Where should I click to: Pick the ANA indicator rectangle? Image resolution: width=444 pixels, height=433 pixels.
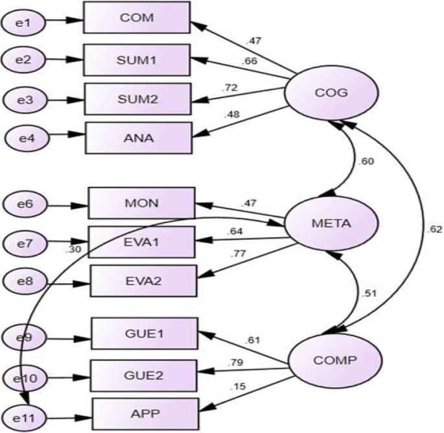coord(139,137)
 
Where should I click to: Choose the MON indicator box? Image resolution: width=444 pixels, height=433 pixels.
coord(141,204)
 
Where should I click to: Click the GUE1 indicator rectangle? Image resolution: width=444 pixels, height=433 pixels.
coord(144,334)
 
